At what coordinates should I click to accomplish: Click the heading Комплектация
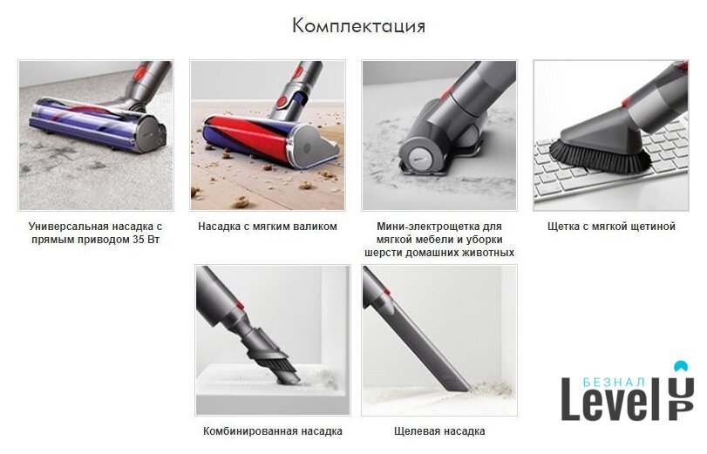pos(358,26)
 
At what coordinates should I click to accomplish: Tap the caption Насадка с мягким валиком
pos(268,227)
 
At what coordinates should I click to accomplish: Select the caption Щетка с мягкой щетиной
pos(611,227)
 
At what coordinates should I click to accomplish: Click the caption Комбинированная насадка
pos(272,431)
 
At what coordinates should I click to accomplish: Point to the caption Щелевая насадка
pos(439,431)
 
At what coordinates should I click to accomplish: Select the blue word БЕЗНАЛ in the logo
pos(613,383)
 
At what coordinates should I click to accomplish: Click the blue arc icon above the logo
pos(681,366)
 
